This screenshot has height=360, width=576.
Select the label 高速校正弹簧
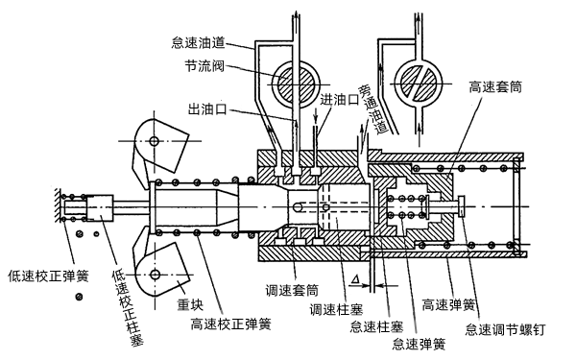click(x=230, y=324)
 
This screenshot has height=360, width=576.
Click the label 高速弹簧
click(x=449, y=307)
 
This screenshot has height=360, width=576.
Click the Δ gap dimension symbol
click(x=356, y=277)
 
